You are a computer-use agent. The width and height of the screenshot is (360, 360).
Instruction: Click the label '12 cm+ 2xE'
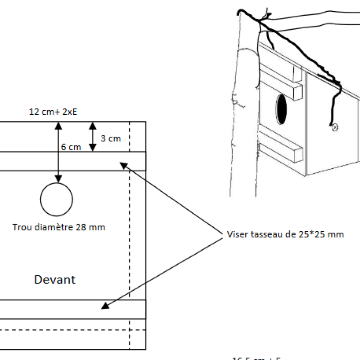(53, 112)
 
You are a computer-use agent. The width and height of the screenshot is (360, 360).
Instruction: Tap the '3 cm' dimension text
(110, 138)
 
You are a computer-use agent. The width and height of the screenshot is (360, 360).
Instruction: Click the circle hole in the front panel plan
(56, 199)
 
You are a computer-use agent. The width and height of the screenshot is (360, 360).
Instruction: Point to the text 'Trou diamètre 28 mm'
(58, 227)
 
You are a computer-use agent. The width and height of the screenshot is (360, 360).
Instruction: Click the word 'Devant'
(55, 280)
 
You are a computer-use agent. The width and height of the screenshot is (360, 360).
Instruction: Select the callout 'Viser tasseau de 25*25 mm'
(286, 234)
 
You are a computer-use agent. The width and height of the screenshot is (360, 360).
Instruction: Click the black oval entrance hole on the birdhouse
(282, 109)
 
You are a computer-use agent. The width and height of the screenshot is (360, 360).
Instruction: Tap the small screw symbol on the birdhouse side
(334, 128)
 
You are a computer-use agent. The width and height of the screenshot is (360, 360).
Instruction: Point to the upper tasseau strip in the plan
(72, 161)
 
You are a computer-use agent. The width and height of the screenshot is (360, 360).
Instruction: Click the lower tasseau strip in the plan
(72, 309)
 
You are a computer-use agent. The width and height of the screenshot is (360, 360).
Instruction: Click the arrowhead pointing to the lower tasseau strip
(104, 306)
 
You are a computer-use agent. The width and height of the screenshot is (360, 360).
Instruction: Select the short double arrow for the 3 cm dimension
(92, 136)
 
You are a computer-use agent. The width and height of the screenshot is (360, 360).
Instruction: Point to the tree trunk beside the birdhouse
(243, 126)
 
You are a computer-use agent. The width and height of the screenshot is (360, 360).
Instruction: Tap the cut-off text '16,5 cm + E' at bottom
(256, 358)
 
